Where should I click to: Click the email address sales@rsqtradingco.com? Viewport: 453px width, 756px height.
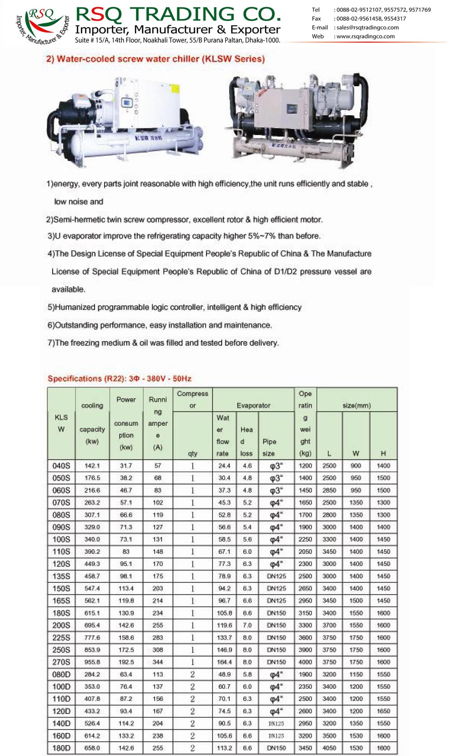[x=367, y=28]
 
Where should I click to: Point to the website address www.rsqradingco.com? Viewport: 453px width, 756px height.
[x=365, y=37]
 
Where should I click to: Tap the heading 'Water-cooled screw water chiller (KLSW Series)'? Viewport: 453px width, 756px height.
[x=155, y=59]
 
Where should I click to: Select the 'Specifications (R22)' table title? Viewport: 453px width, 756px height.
[x=120, y=379]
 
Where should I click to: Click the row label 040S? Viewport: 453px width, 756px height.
[x=61, y=466]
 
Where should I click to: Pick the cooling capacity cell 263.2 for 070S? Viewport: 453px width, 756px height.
[x=92, y=502]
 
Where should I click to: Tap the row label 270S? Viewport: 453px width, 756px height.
[x=61, y=662]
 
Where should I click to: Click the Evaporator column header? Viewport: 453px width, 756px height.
[x=253, y=405]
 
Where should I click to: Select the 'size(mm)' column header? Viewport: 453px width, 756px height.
[x=357, y=405]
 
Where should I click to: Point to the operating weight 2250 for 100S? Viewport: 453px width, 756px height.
[x=305, y=539]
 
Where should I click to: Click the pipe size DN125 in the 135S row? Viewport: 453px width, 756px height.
[x=276, y=576]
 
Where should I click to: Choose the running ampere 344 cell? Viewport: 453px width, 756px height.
[x=158, y=662]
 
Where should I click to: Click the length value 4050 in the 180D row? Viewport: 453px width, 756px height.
[x=329, y=748]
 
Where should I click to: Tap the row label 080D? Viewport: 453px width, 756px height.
[x=61, y=674]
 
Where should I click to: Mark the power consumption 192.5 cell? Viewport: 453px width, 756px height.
[x=126, y=662]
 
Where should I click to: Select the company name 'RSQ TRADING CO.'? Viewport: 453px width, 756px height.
[x=178, y=15]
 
